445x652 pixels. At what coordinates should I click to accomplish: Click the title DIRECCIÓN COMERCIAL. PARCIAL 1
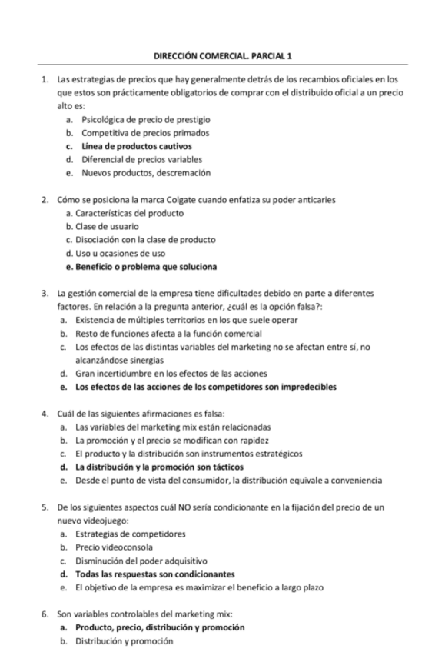point(223,56)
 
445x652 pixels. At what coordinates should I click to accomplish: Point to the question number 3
point(46,294)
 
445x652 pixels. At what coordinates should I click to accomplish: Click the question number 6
point(46,614)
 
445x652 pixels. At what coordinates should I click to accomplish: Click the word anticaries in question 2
point(316,200)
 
